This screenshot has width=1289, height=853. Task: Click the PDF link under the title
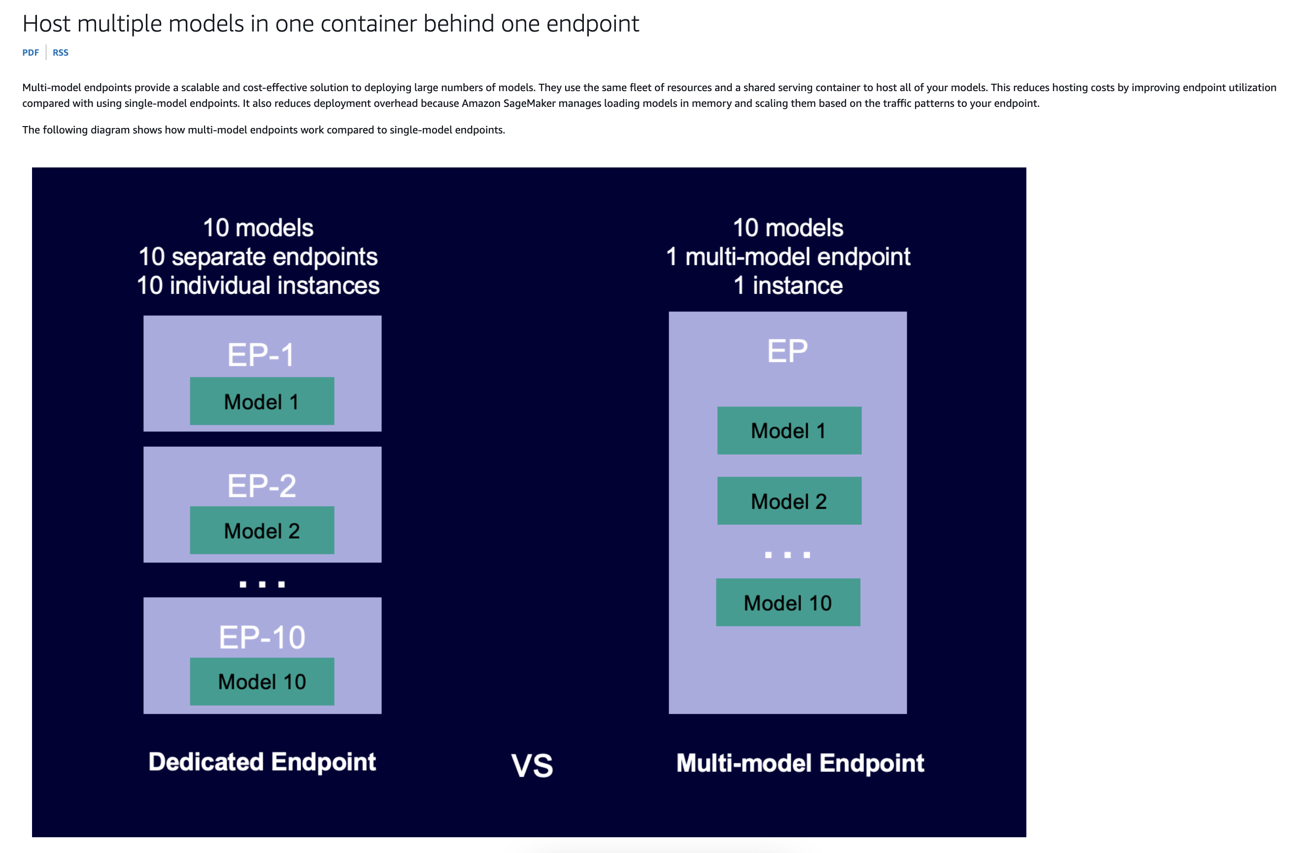tap(31, 52)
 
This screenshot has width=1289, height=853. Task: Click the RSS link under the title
tap(61, 52)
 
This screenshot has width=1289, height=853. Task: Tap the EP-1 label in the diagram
tap(261, 355)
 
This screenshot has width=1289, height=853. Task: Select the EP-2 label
tap(262, 486)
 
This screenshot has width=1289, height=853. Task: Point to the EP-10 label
tap(262, 637)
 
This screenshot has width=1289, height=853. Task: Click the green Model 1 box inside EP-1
tap(262, 401)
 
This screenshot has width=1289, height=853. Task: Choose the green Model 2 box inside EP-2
tap(262, 530)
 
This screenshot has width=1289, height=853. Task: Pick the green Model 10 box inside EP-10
tap(262, 682)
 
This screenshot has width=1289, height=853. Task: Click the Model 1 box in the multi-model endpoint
tap(789, 430)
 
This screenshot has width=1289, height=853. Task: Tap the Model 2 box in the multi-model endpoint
tap(789, 500)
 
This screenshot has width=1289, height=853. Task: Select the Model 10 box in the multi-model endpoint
tap(788, 602)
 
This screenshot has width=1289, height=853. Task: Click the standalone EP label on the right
tap(787, 351)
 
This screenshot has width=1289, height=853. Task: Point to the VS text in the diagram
tap(532, 765)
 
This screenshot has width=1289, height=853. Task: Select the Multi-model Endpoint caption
tap(800, 763)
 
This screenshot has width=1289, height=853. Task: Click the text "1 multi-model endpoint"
tap(788, 257)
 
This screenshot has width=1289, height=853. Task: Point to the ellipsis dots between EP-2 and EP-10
tap(262, 584)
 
